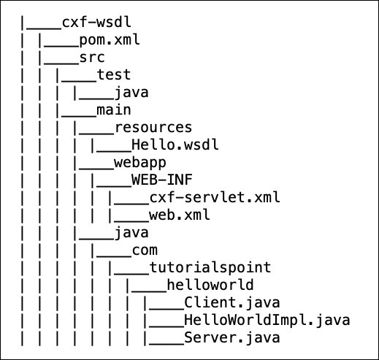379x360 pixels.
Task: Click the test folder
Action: click(x=114, y=74)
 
